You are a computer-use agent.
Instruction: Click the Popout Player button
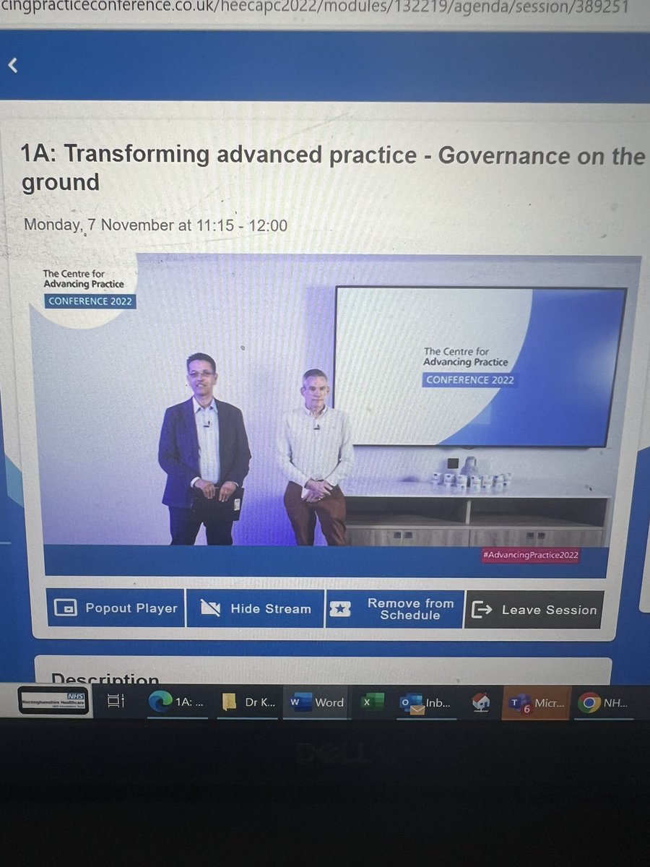click(x=116, y=608)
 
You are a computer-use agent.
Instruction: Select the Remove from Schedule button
click(x=395, y=609)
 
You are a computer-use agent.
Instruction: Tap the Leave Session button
click(x=534, y=610)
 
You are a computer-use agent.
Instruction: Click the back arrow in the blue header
click(x=12, y=66)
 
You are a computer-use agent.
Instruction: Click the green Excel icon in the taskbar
click(x=372, y=702)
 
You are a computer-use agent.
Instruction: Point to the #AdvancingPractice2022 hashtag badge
click(x=531, y=555)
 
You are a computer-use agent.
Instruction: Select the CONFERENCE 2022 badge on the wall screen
click(x=469, y=379)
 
